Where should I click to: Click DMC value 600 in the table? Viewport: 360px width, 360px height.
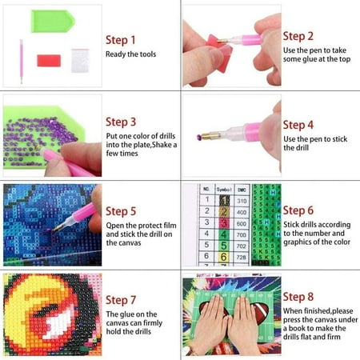click(x=240, y=223)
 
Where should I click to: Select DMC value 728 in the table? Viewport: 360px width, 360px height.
click(x=240, y=258)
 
